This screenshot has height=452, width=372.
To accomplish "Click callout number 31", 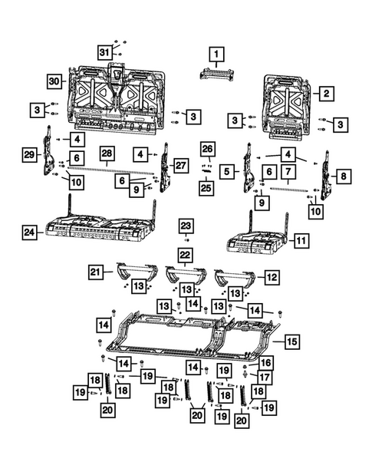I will [104, 51].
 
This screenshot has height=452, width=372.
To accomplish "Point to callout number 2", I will [325, 93].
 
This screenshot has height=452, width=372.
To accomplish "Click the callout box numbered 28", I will [107, 153].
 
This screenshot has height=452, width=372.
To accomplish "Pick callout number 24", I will [28, 230].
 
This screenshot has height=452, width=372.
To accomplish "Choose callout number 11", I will [301, 240].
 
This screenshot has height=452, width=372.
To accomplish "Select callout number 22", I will [185, 254].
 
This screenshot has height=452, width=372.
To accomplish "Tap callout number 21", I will [95, 272].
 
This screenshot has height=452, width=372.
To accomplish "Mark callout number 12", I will [271, 276].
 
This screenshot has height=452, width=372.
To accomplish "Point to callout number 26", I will [206, 147].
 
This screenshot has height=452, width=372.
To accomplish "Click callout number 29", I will [28, 155].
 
